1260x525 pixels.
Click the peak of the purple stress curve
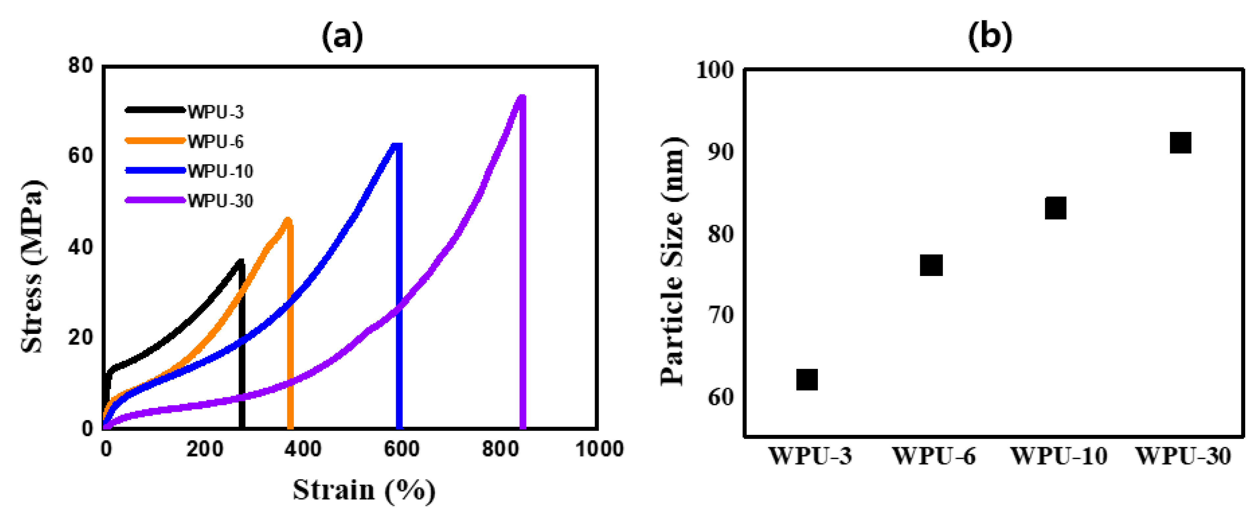521,97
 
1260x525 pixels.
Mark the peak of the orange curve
288,220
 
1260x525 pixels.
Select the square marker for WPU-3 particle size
807,380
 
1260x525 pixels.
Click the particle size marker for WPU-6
931,265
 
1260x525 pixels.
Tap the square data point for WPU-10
1056,208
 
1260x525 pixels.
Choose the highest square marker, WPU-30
1180,143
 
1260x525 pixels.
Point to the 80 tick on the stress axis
81,65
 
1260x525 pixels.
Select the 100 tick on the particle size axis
715,70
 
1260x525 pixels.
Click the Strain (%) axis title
364,490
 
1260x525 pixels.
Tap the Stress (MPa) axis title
33,267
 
